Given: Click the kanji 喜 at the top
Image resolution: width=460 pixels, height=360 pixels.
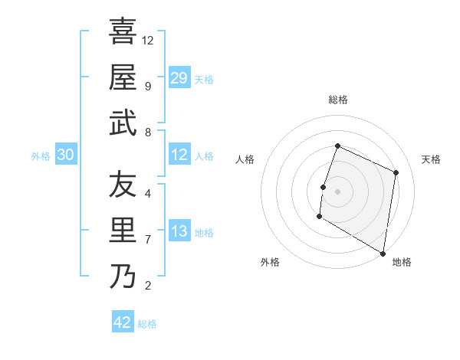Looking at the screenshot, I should tap(123, 31).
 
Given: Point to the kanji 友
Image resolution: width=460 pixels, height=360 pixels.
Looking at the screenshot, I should tap(123, 185).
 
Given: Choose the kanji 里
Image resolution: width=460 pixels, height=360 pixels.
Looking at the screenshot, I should tap(123, 230).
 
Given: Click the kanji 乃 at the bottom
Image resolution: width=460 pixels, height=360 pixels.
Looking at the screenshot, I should tap(123, 276).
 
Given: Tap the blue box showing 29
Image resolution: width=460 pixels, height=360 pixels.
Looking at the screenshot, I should tap(179, 77).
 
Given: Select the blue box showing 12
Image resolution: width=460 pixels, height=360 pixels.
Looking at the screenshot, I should tap(179, 155).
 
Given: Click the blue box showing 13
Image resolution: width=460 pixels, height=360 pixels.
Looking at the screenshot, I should tap(179, 231).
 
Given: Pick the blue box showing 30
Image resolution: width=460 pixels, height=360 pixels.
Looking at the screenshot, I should tap(66, 155).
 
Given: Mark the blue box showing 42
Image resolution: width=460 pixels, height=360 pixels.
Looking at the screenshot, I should tap(123, 322).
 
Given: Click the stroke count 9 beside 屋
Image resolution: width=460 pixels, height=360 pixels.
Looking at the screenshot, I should tap(147, 86).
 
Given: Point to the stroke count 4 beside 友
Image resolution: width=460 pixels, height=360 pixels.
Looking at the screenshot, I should tap(147, 193).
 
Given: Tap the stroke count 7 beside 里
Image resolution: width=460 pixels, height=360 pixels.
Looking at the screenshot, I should tap(147, 239).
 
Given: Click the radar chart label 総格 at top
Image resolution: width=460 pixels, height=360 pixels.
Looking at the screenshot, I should tap(337, 100).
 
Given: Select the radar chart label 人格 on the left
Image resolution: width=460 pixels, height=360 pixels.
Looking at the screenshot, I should tap(245, 159).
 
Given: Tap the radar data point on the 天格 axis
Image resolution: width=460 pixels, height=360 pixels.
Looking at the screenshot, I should tap(396, 172).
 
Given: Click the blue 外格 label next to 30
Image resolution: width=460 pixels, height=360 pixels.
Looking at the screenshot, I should tap(41, 156).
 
